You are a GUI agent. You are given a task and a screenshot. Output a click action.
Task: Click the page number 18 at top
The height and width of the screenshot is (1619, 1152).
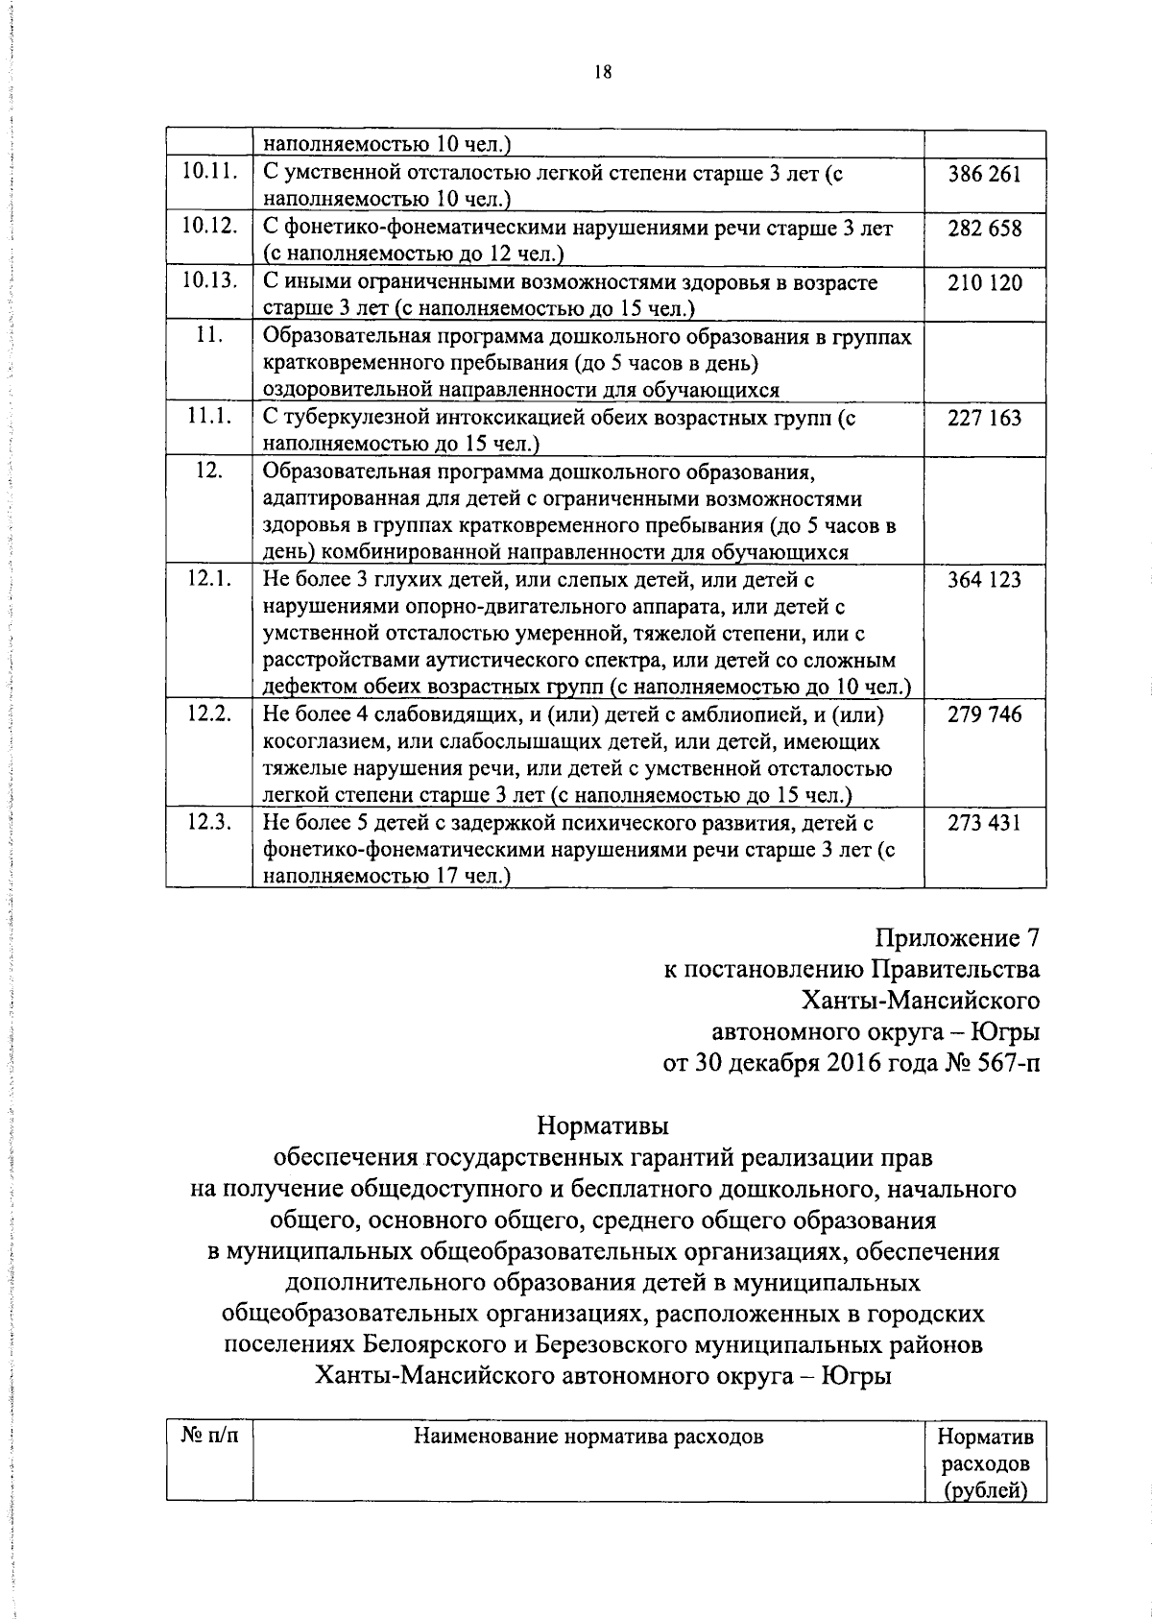(x=603, y=73)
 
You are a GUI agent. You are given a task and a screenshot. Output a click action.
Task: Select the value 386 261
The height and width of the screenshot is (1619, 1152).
(x=984, y=175)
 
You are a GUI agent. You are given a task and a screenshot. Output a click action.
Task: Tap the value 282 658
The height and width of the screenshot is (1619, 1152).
(x=984, y=229)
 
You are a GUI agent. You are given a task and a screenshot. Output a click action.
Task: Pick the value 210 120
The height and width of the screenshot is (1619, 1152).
(x=984, y=283)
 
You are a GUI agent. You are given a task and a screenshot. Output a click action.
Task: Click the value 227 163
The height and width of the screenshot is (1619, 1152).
(x=984, y=418)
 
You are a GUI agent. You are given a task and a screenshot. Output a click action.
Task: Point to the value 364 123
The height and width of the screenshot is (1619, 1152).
(x=984, y=580)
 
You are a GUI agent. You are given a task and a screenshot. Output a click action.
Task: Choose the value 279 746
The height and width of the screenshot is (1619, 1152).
(x=984, y=714)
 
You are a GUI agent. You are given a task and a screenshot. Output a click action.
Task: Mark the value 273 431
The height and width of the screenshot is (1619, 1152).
(x=984, y=823)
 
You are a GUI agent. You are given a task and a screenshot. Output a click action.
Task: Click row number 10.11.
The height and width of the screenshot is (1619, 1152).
(x=209, y=174)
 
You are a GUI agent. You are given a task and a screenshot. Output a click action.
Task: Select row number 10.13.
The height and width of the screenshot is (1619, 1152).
(x=209, y=282)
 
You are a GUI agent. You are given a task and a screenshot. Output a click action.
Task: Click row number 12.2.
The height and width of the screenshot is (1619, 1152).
(x=209, y=713)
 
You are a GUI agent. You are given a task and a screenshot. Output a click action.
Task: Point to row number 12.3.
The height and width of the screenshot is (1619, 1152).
(x=209, y=822)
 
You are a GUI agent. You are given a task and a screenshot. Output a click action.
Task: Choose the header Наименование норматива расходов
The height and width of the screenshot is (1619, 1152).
(x=588, y=1437)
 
